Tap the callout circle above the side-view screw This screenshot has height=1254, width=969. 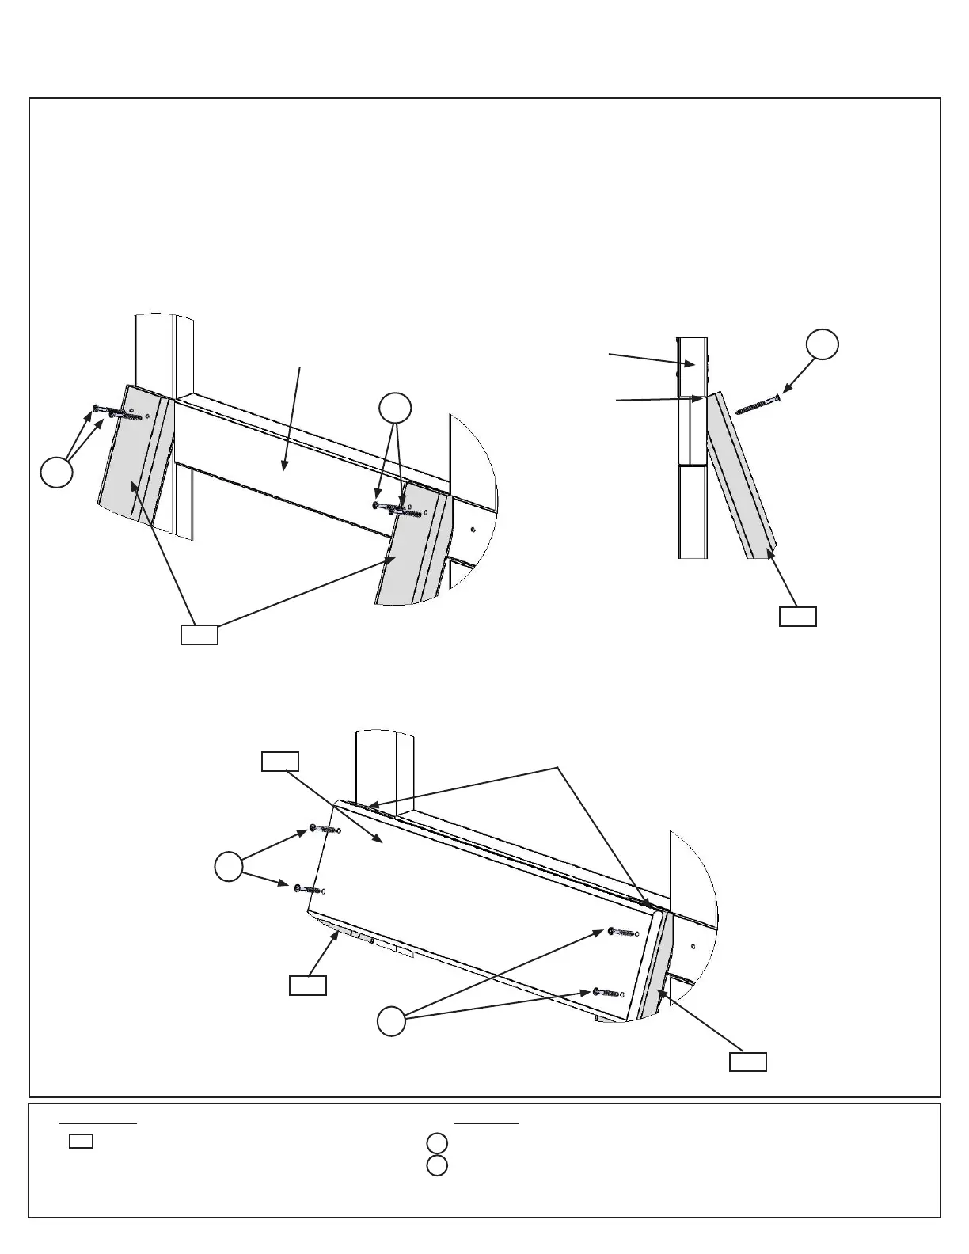[x=823, y=344]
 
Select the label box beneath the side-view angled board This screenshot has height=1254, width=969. [x=797, y=617]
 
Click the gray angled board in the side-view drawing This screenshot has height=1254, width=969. [x=742, y=475]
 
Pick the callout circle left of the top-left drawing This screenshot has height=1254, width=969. [x=57, y=472]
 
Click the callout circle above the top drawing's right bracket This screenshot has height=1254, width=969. [x=395, y=408]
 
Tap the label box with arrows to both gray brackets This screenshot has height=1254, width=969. [x=199, y=634]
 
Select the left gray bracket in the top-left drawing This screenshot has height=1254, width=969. [x=135, y=459]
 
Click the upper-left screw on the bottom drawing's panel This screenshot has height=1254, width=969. [x=325, y=829]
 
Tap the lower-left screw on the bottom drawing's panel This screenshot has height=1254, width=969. [x=310, y=890]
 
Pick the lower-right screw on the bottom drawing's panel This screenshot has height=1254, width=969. [x=608, y=992]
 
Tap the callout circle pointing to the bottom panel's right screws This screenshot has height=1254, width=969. [x=390, y=1021]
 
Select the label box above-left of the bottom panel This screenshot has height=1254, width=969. [x=280, y=762]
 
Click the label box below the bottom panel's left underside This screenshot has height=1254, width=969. [x=307, y=986]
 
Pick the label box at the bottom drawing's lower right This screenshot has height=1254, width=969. [x=747, y=1062]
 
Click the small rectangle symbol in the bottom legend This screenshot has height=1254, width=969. [x=81, y=1142]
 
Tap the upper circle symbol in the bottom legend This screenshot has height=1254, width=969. [x=437, y=1143]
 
